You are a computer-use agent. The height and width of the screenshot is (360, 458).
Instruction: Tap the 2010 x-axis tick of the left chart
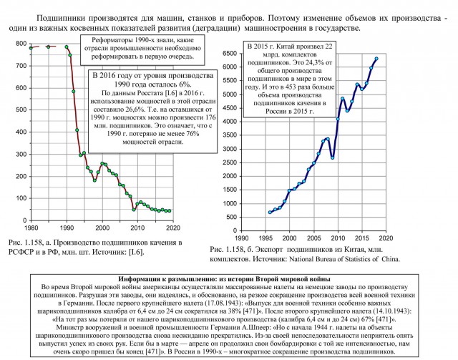click(137, 227)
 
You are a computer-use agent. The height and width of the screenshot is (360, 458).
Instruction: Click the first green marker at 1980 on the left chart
click(31, 47)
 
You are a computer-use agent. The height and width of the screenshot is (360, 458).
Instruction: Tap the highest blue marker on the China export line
click(376, 59)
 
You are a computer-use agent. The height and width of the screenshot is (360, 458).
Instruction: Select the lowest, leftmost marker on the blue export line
click(271, 212)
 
